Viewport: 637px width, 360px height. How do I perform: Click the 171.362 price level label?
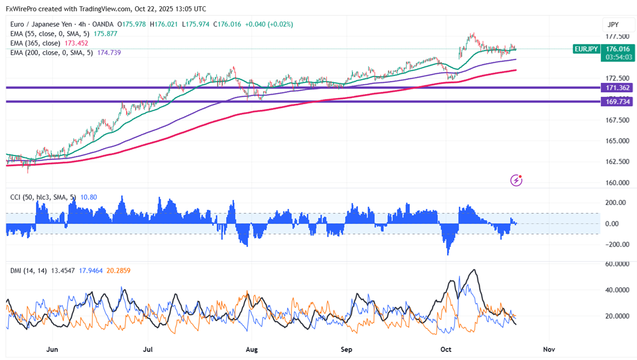click(618, 88)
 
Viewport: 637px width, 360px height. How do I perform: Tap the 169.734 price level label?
click(618, 102)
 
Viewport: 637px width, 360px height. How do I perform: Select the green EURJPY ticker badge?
click(586, 50)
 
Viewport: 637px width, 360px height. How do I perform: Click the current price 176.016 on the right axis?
click(618, 49)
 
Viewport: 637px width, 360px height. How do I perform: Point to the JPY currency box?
click(613, 25)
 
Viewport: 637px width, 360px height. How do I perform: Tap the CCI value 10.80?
click(89, 197)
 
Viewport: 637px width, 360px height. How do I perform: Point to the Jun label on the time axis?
click(52, 350)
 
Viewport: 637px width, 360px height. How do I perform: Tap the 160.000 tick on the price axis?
click(617, 183)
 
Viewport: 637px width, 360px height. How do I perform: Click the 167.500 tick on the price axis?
click(617, 120)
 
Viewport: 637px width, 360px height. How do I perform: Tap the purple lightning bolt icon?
click(516, 180)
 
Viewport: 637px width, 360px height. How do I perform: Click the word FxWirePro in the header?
click(24, 9)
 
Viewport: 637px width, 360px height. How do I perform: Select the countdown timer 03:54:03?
click(618, 57)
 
